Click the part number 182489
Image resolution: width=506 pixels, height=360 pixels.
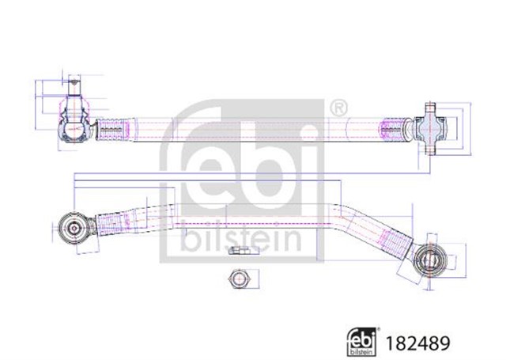417,343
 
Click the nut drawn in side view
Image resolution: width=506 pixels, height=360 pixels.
239,251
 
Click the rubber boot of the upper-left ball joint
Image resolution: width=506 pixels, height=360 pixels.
74,108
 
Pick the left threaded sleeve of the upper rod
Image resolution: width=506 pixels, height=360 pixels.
111,130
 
